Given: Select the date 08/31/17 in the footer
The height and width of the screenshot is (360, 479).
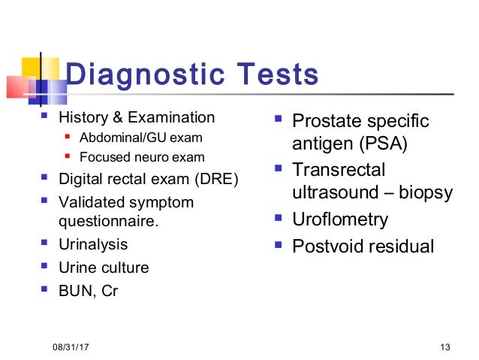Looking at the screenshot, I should pos(69,346).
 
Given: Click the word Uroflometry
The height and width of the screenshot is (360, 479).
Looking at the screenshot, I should pos(340,219).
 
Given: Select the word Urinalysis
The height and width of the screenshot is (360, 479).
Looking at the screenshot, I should pos(93,244).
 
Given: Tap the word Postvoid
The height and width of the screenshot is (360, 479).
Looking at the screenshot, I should pos(324,246).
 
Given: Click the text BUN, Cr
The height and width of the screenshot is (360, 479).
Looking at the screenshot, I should pos(88,292).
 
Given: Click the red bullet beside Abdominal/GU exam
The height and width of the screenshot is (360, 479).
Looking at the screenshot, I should pos(68,138).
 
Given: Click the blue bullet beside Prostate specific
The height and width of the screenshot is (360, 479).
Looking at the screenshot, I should pos(279,119).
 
